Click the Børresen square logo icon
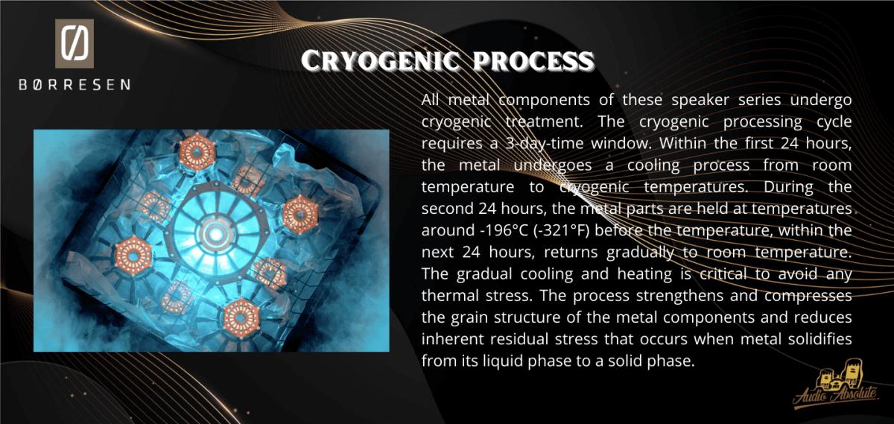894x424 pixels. (74, 43)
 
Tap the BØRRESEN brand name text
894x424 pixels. (74, 85)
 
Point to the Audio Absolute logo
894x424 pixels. (836, 386)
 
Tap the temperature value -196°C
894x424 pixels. (501, 230)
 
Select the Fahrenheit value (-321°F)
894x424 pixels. (562, 231)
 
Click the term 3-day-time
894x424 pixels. (545, 143)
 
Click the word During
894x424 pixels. (788, 187)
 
